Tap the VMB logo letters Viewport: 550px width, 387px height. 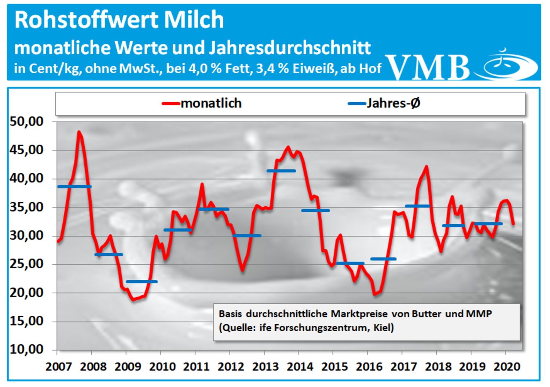click(x=428, y=67)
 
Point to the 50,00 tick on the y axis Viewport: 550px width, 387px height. click(x=26, y=121)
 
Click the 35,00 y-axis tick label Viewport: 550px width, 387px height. click(x=26, y=207)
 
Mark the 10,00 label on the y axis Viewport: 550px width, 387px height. click(x=26, y=350)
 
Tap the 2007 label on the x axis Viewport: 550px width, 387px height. click(x=58, y=366)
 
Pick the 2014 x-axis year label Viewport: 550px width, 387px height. click(x=300, y=366)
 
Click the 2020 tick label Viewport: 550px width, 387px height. click(x=507, y=366)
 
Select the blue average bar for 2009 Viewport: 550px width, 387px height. click(x=142, y=282)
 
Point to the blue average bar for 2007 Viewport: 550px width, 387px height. click(x=74, y=187)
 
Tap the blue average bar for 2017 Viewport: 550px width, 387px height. click(x=418, y=206)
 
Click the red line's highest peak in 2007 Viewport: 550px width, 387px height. click(x=79, y=132)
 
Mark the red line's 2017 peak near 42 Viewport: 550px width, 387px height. click(x=426, y=167)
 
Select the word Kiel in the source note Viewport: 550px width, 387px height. click(x=383, y=328)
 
